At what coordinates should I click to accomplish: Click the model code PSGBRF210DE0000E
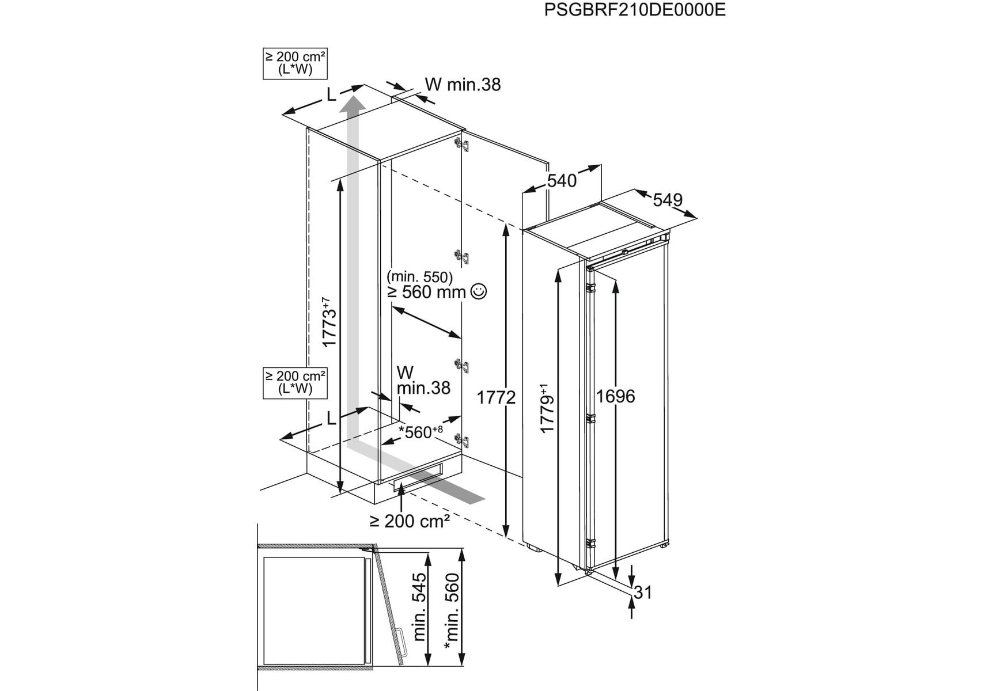pyautogui.click(x=635, y=10)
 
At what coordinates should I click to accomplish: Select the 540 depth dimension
pyautogui.click(x=561, y=181)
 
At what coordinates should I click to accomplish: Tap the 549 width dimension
pyautogui.click(x=668, y=200)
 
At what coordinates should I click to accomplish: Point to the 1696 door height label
pyautogui.click(x=615, y=396)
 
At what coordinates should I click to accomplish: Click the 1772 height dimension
pyautogui.click(x=496, y=397)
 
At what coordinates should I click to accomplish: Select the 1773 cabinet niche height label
pyautogui.click(x=329, y=322)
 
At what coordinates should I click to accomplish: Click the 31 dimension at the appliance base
pyautogui.click(x=643, y=592)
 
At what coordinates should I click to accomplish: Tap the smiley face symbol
pyautogui.click(x=479, y=291)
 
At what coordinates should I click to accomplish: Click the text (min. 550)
pyautogui.click(x=420, y=277)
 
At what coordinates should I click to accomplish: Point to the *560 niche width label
pyautogui.click(x=420, y=432)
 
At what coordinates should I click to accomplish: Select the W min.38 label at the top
pyautogui.click(x=463, y=85)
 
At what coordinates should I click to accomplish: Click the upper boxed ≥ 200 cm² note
pyautogui.click(x=295, y=63)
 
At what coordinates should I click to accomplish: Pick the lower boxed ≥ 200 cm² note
pyautogui.click(x=295, y=382)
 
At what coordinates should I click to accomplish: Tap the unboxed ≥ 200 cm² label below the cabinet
pyautogui.click(x=409, y=521)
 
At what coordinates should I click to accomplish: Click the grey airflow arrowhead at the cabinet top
pyautogui.click(x=352, y=105)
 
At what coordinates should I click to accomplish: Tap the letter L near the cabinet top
pyautogui.click(x=331, y=95)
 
